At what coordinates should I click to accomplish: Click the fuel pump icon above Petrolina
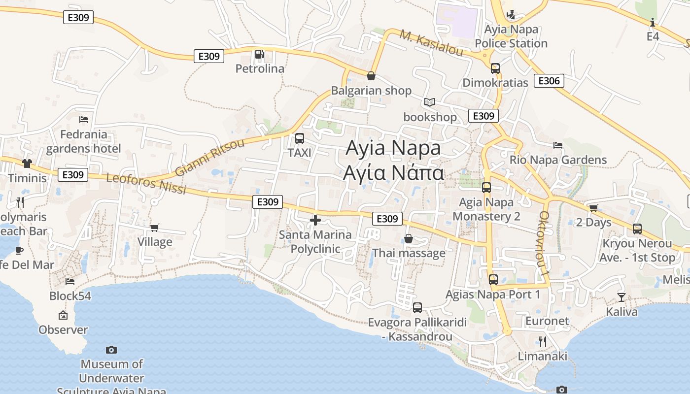pos(259,54)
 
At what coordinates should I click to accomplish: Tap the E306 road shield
pos(549,81)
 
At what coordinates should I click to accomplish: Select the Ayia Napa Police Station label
pos(511,36)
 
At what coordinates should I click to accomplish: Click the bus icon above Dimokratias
pos(495,68)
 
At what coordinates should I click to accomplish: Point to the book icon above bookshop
pos(430,102)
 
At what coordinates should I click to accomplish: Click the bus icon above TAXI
pos(300,138)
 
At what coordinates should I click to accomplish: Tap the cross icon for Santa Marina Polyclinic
pos(315,220)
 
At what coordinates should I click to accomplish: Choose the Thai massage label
pos(409,253)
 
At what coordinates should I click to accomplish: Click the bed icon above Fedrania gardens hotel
pos(84,120)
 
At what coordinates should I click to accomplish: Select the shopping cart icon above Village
pos(155,228)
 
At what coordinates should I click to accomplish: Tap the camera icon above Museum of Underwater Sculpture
pos(111,350)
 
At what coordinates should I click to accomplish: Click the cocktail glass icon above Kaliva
pos(621,297)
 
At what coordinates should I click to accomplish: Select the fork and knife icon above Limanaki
pos(543,341)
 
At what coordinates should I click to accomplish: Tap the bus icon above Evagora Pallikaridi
pos(417,308)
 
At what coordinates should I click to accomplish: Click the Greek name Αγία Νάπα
pos(394,173)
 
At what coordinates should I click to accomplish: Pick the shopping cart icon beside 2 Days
pos(593,208)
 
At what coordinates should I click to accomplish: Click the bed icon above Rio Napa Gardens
pos(558,145)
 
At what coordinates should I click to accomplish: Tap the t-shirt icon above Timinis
pos(27,164)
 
